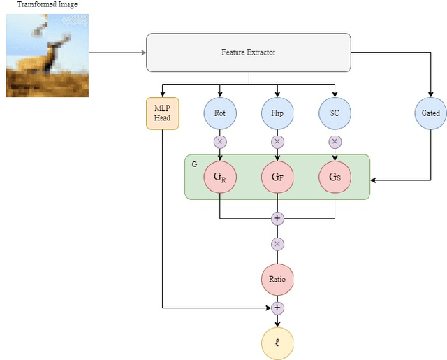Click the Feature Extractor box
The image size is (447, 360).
click(x=248, y=52)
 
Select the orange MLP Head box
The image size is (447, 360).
click(x=163, y=113)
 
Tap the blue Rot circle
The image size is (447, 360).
click(x=220, y=113)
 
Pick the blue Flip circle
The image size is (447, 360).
click(x=277, y=113)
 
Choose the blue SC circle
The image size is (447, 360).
click(x=335, y=113)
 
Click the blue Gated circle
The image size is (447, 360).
click(x=430, y=113)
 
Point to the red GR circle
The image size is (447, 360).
click(x=220, y=178)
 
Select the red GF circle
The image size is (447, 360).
click(x=277, y=178)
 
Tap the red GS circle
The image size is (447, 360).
click(x=335, y=178)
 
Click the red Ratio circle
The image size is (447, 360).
click(x=277, y=279)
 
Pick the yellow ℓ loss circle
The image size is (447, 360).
click(x=277, y=343)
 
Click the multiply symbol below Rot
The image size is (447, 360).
click(x=220, y=141)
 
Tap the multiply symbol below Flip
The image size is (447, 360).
click(x=277, y=141)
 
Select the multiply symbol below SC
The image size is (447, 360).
click(x=335, y=141)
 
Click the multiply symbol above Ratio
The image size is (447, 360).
click(x=277, y=244)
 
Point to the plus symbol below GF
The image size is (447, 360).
click(x=277, y=218)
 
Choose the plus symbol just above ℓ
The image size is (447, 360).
click(x=277, y=308)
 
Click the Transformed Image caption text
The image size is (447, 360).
click(x=47, y=5)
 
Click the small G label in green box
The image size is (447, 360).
click(x=193, y=162)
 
